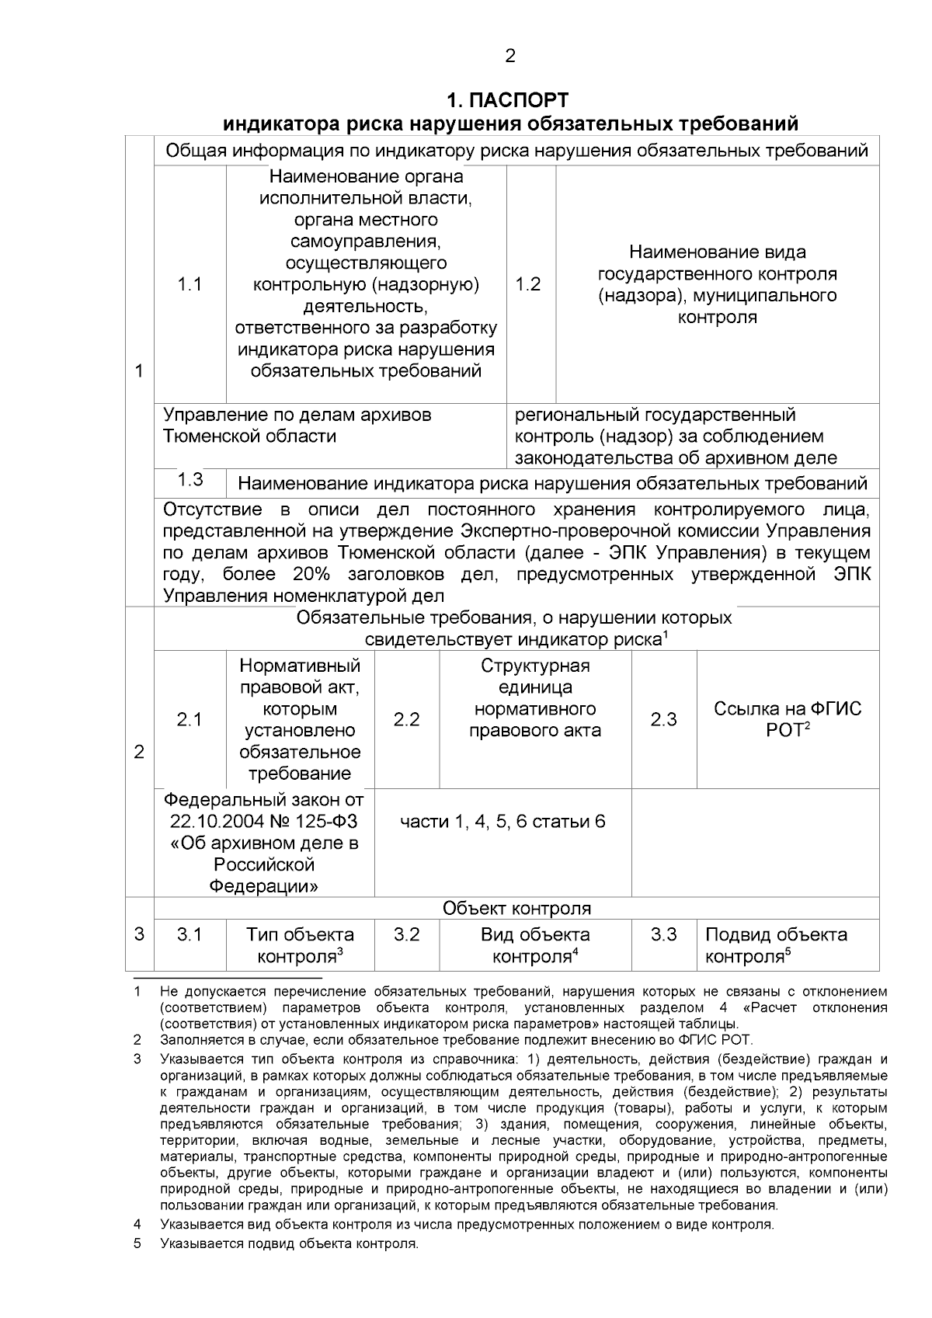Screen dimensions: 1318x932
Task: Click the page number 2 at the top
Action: pyautogui.click(x=509, y=56)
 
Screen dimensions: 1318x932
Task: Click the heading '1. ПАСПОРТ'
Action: pyautogui.click(x=508, y=100)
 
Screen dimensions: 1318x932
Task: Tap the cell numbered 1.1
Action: pyautogui.click(x=190, y=284)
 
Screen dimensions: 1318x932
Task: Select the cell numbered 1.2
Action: pyautogui.click(x=528, y=284)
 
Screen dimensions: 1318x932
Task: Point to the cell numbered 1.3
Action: pyautogui.click(x=190, y=479)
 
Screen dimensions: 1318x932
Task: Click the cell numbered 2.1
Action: pyautogui.click(x=189, y=720)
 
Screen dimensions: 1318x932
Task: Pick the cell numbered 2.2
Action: pyautogui.click(x=406, y=720)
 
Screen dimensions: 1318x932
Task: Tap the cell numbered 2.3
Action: pyautogui.click(x=663, y=720)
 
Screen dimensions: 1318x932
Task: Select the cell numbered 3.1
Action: pyautogui.click(x=189, y=934)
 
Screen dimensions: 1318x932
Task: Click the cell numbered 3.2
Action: pyautogui.click(x=406, y=934)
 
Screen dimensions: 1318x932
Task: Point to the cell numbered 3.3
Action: pyautogui.click(x=663, y=934)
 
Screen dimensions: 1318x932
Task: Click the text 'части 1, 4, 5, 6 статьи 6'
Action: pyautogui.click(x=503, y=822)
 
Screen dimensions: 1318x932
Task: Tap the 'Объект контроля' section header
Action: pyautogui.click(x=516, y=908)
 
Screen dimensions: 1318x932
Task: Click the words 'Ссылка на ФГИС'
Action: pyautogui.click(x=788, y=709)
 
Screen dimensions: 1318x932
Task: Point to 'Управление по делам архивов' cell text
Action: pyautogui.click(x=297, y=415)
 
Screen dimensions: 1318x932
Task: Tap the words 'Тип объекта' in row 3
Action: pyautogui.click(x=300, y=934)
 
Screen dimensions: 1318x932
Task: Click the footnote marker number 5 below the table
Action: pyautogui.click(x=137, y=1243)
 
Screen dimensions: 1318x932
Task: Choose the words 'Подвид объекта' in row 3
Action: pyautogui.click(x=776, y=934)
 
